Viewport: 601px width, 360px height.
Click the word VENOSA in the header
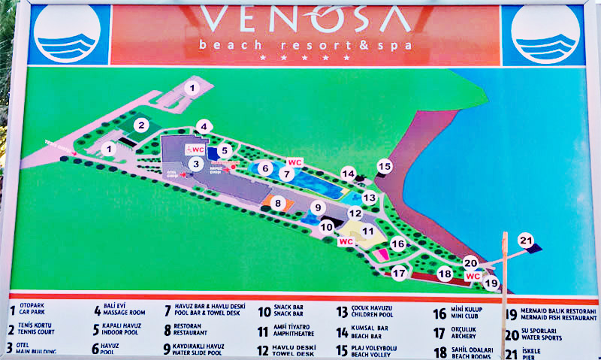tap(304, 20)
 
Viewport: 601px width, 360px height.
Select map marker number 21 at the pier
tap(527, 241)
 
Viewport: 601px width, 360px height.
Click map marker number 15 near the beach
tap(385, 166)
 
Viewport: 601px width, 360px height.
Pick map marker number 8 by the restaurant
tap(278, 203)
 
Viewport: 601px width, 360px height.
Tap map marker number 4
tap(203, 126)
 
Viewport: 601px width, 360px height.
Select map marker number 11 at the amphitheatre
tap(368, 231)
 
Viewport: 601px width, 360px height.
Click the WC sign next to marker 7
tap(295, 162)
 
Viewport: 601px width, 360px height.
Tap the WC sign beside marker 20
tap(473, 276)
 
